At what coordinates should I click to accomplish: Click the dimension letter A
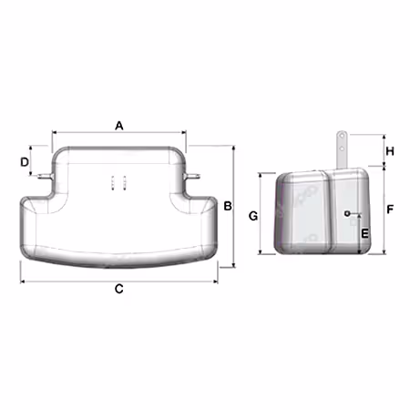click(119, 126)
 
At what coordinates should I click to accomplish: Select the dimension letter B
click(228, 206)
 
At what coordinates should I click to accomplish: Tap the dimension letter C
click(119, 289)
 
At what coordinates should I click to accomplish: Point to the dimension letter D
click(25, 162)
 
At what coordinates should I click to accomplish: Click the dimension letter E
click(364, 233)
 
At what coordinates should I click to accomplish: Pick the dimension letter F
click(390, 209)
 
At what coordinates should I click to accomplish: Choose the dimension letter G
click(253, 216)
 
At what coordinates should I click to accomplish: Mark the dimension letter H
click(390, 151)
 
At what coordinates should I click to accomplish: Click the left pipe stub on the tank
click(45, 176)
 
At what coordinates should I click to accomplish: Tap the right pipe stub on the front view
click(191, 176)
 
